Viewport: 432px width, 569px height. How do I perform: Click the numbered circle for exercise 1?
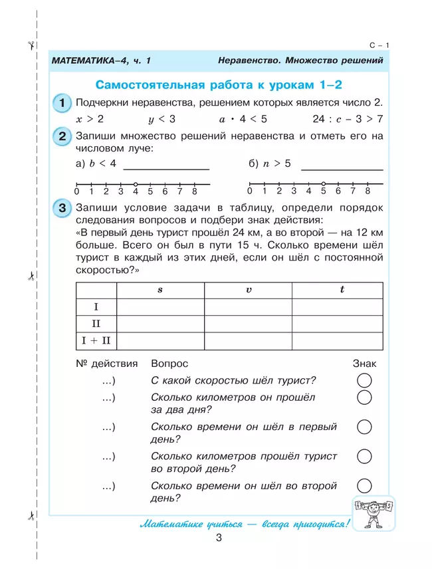point(61,104)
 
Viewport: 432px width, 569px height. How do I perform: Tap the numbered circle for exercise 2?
point(61,137)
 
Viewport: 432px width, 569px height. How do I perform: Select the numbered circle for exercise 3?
point(61,208)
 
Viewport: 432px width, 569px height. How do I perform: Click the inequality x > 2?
point(90,120)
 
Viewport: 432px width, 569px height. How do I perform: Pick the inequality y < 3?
point(162,120)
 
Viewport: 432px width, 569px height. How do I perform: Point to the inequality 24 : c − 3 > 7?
point(347,120)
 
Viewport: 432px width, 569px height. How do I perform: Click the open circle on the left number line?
point(136,183)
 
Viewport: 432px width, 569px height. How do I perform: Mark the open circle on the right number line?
point(323,183)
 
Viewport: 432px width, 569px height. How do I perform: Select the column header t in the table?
point(342,290)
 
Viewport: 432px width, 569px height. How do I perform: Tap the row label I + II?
point(96,341)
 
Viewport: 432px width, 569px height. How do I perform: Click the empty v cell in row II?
point(249,324)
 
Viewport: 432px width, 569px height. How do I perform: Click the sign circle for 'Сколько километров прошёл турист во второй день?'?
point(364,457)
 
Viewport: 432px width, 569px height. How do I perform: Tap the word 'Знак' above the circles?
point(364,364)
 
